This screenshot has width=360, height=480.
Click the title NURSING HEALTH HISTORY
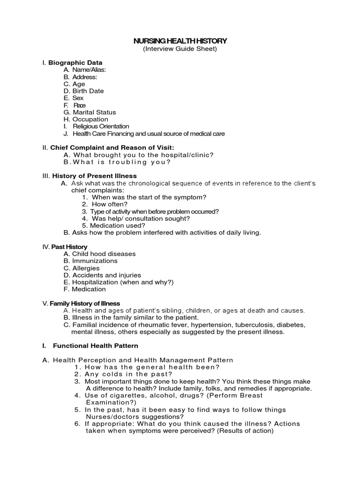(180, 41)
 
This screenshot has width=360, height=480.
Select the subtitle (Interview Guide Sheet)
(180, 49)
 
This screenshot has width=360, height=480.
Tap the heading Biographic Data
(75, 62)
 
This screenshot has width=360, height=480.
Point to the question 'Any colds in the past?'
(128, 375)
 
